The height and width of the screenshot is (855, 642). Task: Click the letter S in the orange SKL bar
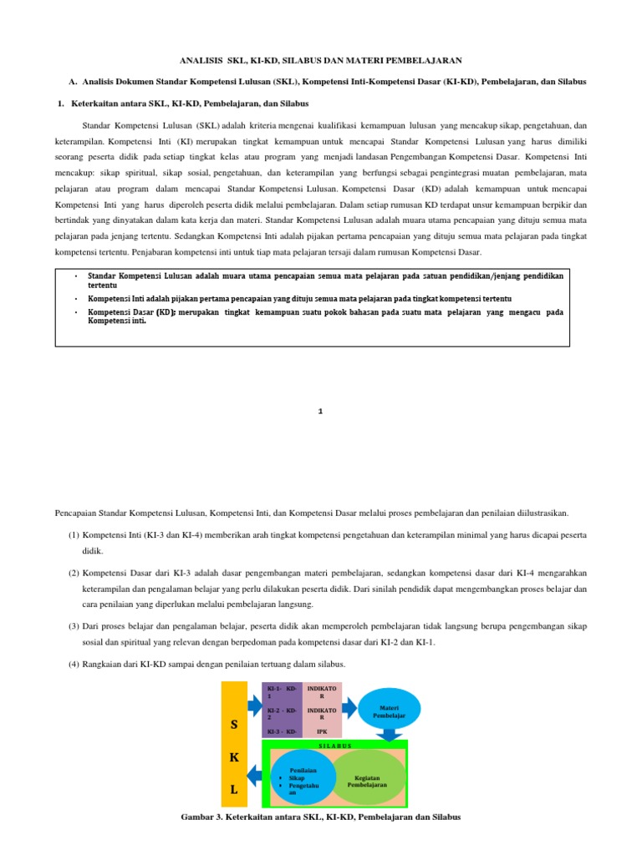pos(234,724)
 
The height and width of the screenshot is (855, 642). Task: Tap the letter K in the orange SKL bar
pos(234,756)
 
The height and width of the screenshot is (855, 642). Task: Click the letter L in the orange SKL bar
pos(234,789)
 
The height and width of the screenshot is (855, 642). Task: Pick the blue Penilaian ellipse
pos(303,779)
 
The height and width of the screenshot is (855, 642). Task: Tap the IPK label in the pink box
pos(323,731)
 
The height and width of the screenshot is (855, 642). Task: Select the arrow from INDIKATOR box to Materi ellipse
pos(351,708)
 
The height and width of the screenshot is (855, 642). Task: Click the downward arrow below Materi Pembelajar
pos(390,734)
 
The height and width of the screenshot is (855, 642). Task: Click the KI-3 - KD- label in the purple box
pos(282,731)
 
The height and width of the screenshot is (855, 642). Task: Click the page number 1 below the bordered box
pos(320,411)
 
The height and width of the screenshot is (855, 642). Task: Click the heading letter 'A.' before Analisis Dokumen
pos(72,82)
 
